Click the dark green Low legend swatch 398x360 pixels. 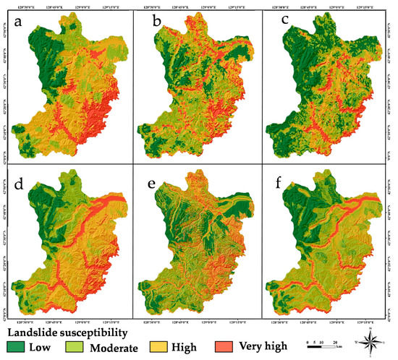(15, 347)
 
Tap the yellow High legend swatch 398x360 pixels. (170, 347)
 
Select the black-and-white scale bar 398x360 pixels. (323, 346)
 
